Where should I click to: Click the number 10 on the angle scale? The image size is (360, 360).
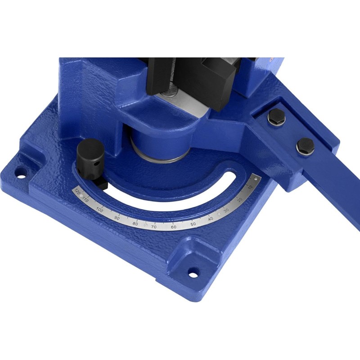coord(250,187)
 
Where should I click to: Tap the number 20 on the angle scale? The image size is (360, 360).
coord(240,199)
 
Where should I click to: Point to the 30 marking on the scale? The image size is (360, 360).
coord(226,210)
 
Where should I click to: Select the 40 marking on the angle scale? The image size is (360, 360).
coord(211,219)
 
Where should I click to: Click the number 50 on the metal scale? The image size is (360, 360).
coord(193,224)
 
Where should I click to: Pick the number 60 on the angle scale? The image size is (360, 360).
coord(174,227)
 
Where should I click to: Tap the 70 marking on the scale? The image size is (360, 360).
coord(154,227)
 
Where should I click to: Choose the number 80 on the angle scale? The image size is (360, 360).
coord(135,224)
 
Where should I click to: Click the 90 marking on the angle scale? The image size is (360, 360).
coord(117,218)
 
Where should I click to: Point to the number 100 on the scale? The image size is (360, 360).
coord(99,209)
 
